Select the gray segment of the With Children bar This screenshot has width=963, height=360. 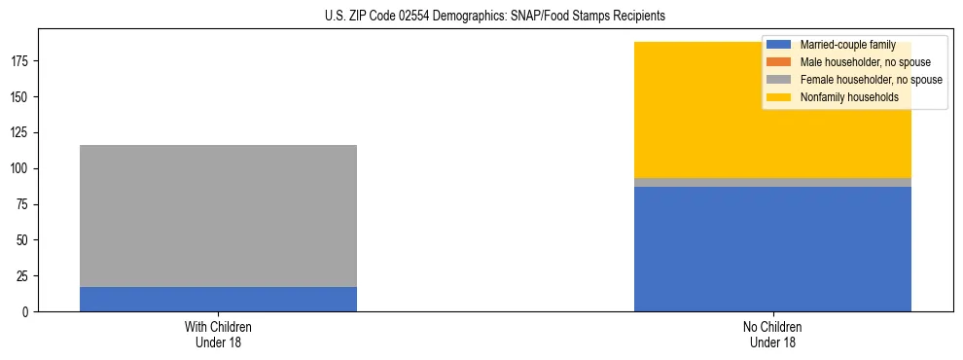[218, 215]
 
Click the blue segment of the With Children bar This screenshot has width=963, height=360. [218, 299]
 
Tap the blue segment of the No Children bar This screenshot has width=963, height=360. [772, 249]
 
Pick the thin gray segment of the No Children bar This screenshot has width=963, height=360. [772, 182]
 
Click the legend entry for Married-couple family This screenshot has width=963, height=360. [846, 45]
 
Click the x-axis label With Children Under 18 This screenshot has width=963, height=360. [218, 334]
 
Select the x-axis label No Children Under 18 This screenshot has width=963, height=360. [772, 334]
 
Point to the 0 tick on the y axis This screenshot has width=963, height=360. [28, 311]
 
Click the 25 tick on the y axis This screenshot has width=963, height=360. [25, 276]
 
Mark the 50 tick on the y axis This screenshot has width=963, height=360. [25, 240]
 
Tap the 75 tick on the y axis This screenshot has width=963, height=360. [25, 204]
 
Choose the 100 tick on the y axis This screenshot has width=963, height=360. [22, 168]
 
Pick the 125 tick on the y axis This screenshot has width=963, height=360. [22, 133]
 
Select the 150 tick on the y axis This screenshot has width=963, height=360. [22, 97]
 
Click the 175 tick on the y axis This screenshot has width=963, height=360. [22, 61]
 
